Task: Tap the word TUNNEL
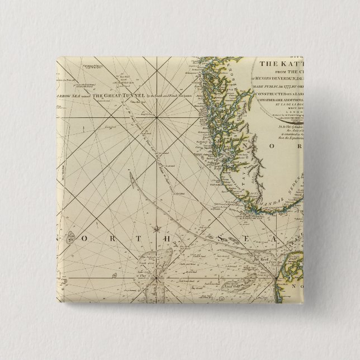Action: [133, 96]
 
